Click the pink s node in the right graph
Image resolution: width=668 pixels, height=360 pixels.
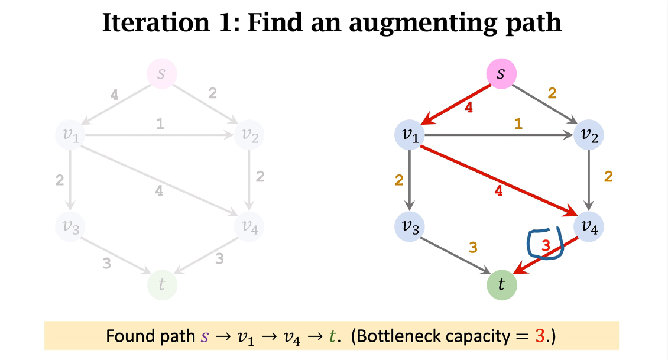click(501, 74)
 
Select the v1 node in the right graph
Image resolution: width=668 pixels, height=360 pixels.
click(410, 135)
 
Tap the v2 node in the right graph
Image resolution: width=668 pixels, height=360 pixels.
click(589, 135)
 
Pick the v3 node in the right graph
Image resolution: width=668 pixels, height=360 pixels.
click(410, 227)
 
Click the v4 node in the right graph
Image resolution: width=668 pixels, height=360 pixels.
click(589, 227)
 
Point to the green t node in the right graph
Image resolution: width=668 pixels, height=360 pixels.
click(501, 285)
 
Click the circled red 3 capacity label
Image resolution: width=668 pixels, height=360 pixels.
click(546, 243)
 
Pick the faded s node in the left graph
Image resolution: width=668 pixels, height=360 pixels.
click(161, 74)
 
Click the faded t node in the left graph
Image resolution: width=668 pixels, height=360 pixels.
click(161, 284)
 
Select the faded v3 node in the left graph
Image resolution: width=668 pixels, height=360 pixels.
click(70, 226)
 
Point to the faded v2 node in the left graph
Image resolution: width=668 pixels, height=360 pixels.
click(249, 135)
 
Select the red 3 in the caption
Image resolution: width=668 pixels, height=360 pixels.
click(539, 336)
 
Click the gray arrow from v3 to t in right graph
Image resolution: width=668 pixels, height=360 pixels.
click(456, 256)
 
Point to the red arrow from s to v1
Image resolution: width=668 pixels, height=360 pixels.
click(456, 105)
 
